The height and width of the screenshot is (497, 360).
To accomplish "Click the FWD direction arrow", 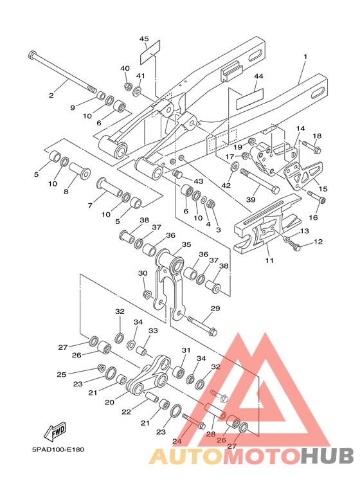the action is click(x=55, y=432).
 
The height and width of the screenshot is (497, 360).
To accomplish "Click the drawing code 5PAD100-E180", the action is click(x=58, y=449).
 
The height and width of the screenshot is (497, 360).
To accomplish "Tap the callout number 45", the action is click(x=144, y=39).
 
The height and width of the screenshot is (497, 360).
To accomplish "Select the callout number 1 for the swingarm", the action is click(x=305, y=57).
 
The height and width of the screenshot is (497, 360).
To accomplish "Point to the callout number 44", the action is click(x=258, y=77).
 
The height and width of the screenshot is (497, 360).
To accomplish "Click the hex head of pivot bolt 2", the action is click(x=33, y=55).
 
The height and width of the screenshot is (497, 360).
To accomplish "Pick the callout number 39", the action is click(x=251, y=200).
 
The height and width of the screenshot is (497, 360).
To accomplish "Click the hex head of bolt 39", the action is click(x=275, y=190).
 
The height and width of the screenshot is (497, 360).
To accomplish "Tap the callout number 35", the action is click(x=186, y=244).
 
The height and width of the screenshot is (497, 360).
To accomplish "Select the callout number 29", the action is click(x=215, y=309).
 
